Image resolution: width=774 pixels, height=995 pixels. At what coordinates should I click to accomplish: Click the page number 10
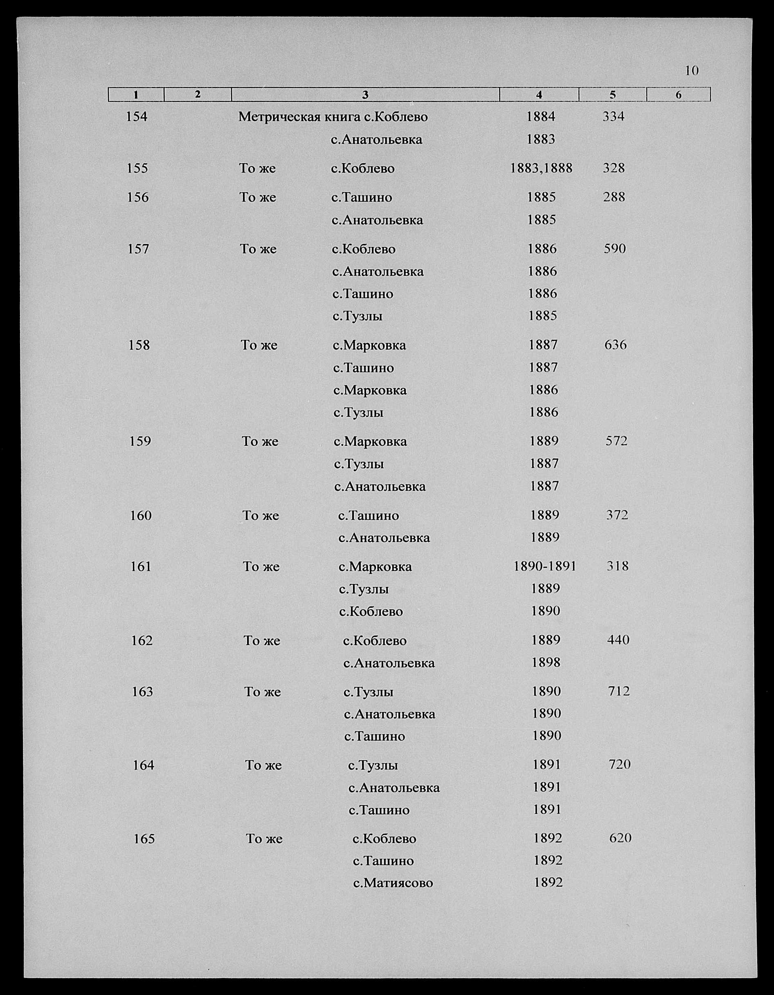(691, 71)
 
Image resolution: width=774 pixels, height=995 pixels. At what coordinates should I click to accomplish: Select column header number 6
(678, 95)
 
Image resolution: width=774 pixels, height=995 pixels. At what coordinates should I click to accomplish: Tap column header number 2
(197, 94)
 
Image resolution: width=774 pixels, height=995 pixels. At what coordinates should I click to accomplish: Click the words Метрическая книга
(299, 117)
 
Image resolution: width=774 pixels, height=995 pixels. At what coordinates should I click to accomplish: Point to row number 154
(137, 117)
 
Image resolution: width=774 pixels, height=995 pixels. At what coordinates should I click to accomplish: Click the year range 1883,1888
(541, 168)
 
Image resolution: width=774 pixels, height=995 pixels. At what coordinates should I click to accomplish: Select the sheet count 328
(614, 168)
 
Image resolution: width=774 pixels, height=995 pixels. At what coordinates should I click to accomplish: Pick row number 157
(138, 249)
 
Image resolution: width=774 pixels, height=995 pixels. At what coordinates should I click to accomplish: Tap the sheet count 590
(614, 249)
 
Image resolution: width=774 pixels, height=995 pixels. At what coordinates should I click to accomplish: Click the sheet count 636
(615, 345)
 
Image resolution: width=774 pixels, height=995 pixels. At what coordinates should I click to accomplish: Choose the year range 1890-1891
(545, 566)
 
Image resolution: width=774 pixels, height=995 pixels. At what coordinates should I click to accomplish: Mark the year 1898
(546, 663)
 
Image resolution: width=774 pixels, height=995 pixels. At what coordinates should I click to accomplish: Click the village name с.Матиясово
(393, 883)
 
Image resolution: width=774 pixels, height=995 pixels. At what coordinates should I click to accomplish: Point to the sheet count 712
(619, 692)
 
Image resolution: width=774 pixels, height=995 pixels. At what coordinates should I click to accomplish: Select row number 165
(144, 838)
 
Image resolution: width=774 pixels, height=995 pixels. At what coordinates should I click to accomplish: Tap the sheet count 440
(618, 640)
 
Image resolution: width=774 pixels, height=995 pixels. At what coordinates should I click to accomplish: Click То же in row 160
(260, 516)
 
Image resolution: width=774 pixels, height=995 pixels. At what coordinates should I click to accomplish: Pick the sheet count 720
(619, 764)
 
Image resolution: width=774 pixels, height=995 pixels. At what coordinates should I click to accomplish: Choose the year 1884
(541, 117)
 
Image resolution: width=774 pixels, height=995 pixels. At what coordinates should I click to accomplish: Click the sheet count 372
(617, 515)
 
